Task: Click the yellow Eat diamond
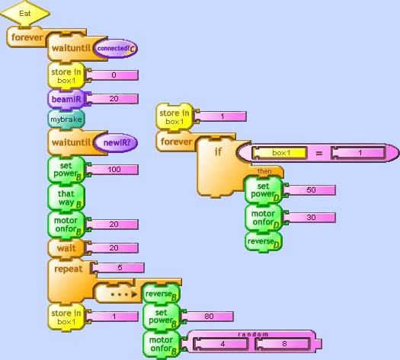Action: click(x=25, y=13)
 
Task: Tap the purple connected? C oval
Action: click(x=116, y=48)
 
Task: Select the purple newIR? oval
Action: click(x=116, y=142)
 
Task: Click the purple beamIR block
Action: click(x=66, y=99)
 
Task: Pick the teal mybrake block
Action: click(x=66, y=119)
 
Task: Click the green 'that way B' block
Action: click(x=66, y=198)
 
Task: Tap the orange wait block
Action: click(x=66, y=248)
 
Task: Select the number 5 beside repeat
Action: click(x=119, y=268)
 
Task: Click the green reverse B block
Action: click(x=162, y=295)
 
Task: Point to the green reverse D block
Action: click(x=264, y=242)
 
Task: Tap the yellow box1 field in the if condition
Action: click(x=280, y=153)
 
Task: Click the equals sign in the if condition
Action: click(x=319, y=153)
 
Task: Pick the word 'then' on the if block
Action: click(x=264, y=171)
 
